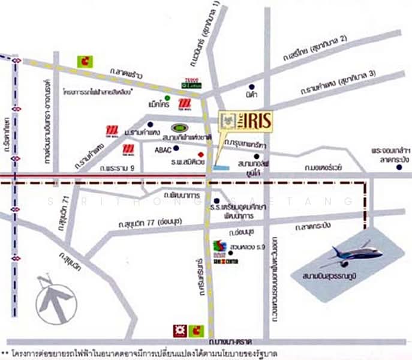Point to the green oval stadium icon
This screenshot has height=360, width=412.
pyautogui.click(x=180, y=128)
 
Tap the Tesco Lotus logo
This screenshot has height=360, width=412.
pyautogui.click(x=190, y=85)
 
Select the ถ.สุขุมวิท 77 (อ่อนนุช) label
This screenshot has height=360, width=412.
pyautogui.click(x=145, y=223)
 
